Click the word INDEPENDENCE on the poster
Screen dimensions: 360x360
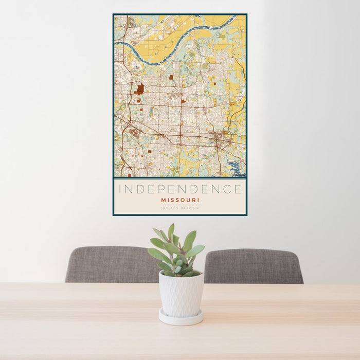(180, 189)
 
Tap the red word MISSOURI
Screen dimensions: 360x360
(180, 200)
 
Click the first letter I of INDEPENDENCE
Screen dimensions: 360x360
(120, 189)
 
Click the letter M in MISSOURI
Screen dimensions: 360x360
(163, 200)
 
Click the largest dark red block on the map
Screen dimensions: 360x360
(140, 89)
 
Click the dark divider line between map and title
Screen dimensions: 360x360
(180, 178)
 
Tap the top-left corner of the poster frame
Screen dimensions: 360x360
(114, 14)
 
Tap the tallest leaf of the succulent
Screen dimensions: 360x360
(171, 232)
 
